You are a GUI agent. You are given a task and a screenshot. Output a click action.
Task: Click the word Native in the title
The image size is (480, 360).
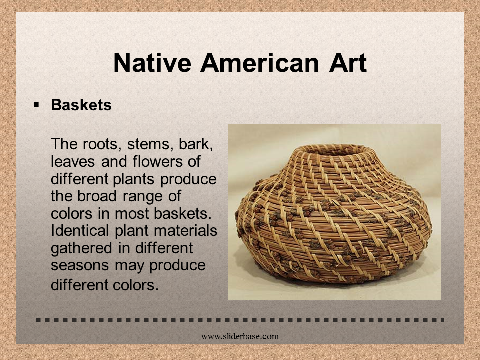click(152, 63)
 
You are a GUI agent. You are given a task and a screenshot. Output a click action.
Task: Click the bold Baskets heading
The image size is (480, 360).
click(81, 105)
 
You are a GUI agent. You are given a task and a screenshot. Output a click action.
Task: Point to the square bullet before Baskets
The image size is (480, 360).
click(36, 105)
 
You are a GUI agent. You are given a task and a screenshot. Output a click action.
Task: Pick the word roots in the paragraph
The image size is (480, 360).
click(100, 144)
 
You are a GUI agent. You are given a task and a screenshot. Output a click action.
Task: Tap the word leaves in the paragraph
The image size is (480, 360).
click(73, 161)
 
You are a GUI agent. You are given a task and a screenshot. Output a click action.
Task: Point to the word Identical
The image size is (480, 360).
click(80, 230)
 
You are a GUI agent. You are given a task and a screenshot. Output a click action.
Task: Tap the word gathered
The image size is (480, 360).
click(81, 248)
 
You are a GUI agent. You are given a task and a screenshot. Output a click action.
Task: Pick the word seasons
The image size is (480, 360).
click(80, 265)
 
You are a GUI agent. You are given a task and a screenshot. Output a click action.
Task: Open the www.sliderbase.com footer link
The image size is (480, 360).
click(240, 336)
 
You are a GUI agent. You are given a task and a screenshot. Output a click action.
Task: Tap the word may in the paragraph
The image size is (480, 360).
click(129, 266)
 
